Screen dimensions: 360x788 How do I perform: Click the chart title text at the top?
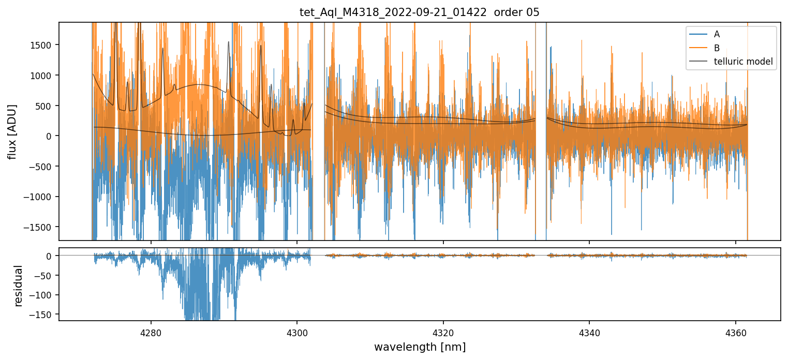click(419, 12)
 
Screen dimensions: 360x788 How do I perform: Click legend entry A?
click(717, 34)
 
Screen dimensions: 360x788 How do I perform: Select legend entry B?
click(717, 48)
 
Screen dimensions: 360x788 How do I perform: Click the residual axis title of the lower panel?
click(19, 286)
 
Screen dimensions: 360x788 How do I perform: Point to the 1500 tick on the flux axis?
click(43, 45)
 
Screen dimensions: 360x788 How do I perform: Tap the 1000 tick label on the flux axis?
click(43, 76)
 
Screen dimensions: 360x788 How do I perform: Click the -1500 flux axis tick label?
click(41, 227)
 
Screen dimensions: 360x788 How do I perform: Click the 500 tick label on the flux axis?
click(46, 106)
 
